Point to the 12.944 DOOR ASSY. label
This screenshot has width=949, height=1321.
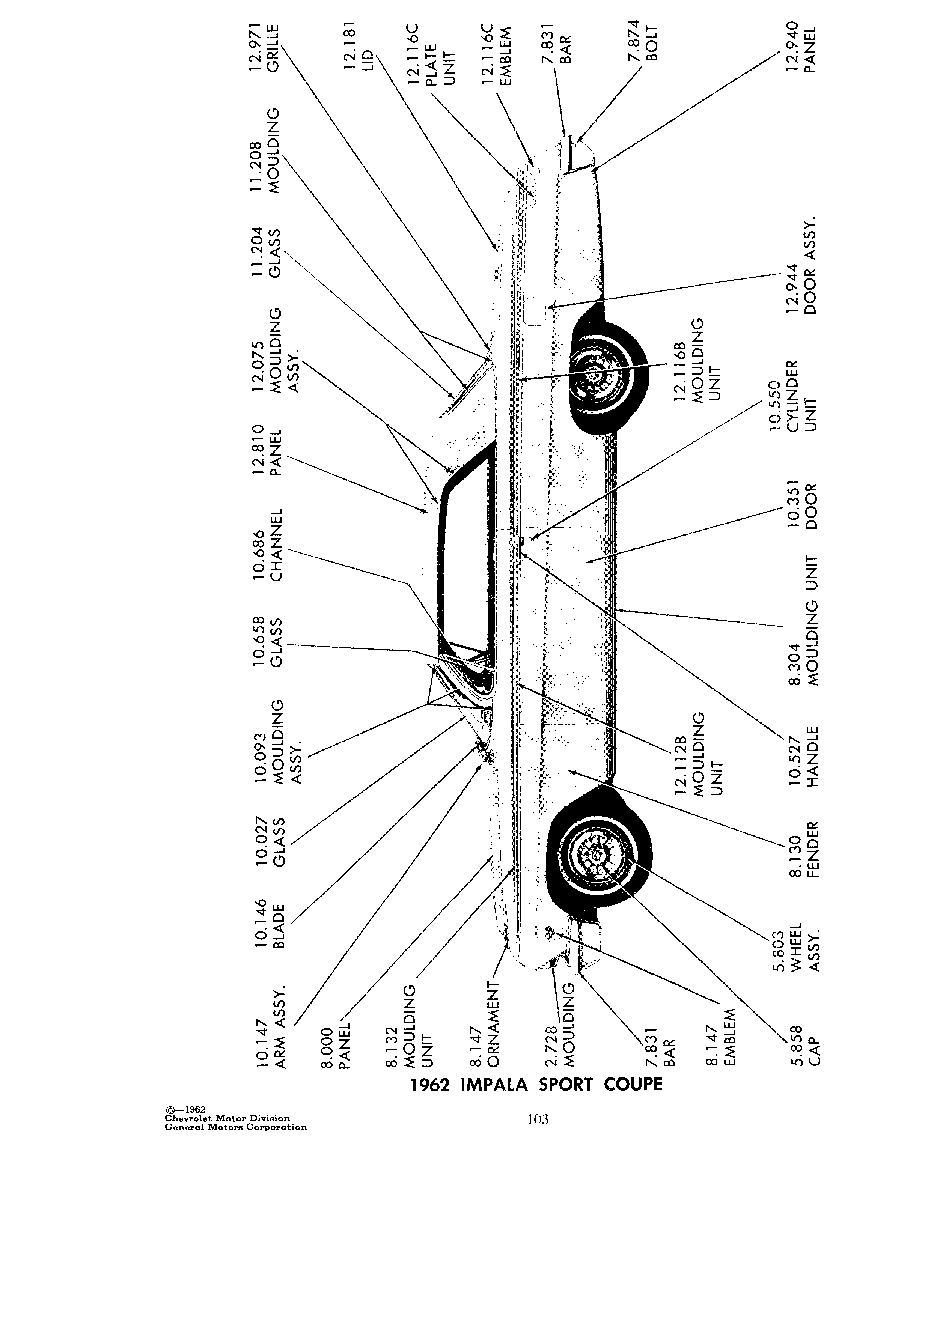coord(801,267)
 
